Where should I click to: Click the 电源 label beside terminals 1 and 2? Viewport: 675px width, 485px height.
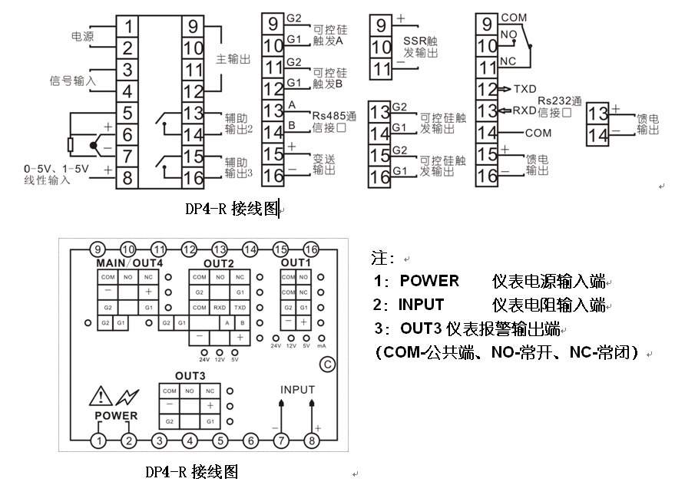click(83, 36)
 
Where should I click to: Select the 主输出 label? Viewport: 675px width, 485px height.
click(233, 59)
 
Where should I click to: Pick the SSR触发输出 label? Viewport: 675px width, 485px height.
click(421, 47)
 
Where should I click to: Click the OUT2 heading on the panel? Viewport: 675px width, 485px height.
click(219, 263)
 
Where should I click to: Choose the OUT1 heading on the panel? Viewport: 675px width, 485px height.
click(296, 262)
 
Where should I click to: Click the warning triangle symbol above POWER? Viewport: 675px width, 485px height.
click(101, 397)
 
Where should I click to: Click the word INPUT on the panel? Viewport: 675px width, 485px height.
click(297, 389)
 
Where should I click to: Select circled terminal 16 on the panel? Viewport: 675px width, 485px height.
click(311, 249)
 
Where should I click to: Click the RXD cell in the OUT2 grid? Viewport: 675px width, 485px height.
click(220, 307)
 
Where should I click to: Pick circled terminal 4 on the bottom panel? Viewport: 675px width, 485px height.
click(189, 440)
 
